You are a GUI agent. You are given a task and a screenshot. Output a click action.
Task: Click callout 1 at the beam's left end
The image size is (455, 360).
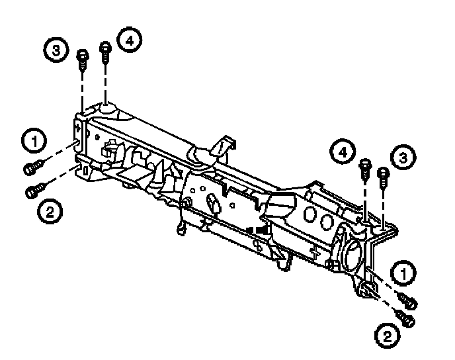[33, 140]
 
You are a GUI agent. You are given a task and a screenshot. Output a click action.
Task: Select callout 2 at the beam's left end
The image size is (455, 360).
[50, 212]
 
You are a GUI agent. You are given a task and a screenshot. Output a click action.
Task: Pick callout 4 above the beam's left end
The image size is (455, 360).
[128, 41]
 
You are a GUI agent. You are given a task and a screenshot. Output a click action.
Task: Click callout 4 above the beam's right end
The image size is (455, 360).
[341, 154]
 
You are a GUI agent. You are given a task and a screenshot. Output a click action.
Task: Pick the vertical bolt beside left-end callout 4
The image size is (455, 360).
[105, 52]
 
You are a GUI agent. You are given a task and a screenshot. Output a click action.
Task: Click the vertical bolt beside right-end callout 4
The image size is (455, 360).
[364, 168]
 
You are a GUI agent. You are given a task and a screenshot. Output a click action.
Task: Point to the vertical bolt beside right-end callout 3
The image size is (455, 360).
[383, 176]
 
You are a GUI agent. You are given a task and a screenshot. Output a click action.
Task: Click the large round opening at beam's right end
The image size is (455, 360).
[352, 250]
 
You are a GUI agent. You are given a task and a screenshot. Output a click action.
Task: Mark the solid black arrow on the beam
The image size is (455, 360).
[261, 229]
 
